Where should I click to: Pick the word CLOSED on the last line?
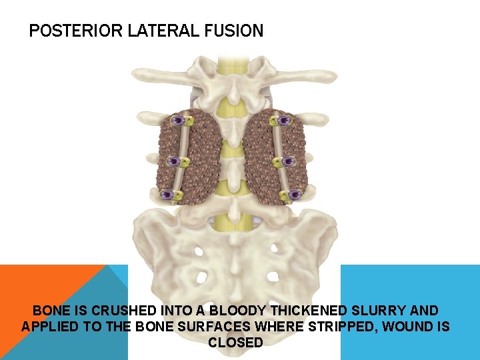pyautogui.click(x=236, y=343)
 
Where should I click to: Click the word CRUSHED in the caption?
pyautogui.click(x=121, y=311)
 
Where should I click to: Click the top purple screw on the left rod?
pyautogui.click(x=178, y=121)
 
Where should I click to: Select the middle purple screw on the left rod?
pyautogui.click(x=175, y=161)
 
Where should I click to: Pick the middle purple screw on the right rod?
pyautogui.click(x=289, y=161)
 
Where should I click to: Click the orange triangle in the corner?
pyautogui.click(x=40, y=293)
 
